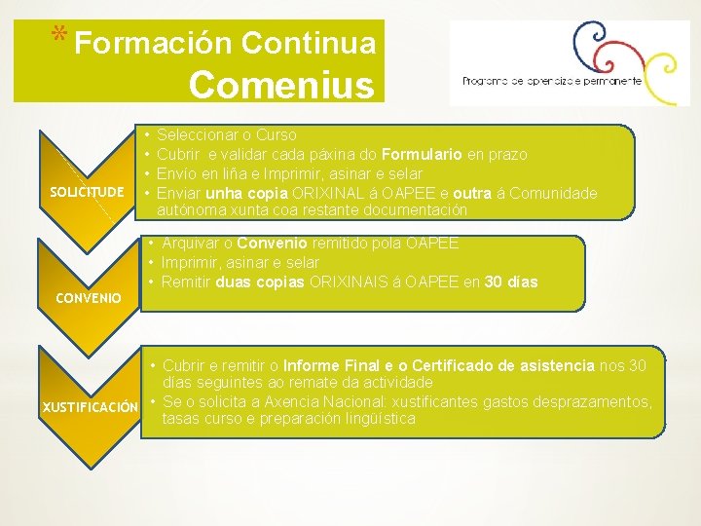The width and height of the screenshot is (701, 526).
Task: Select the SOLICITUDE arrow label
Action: tap(88, 191)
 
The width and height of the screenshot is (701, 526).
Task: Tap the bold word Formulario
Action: tap(421, 155)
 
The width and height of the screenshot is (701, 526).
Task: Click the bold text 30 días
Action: tap(510, 282)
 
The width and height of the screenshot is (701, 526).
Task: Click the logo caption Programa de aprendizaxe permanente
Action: tap(552, 81)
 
